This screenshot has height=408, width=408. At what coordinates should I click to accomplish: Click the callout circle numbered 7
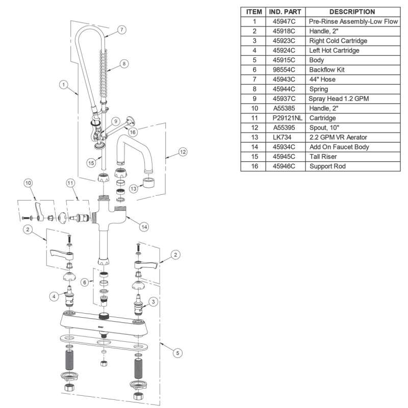coord(121,29)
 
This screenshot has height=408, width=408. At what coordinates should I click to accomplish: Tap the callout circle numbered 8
coord(123,64)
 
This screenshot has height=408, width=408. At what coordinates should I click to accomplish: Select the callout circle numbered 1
coord(64,85)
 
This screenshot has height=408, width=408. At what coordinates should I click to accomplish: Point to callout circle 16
coord(133,132)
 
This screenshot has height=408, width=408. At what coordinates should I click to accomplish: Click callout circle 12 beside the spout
coord(183,152)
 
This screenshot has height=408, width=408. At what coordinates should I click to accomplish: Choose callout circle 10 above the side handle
coord(29,183)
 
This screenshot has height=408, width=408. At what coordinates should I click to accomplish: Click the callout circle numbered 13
coord(134,189)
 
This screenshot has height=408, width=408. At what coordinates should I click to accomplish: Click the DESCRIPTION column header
coord(352,11)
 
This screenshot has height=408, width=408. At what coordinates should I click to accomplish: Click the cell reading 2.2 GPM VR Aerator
coord(338,138)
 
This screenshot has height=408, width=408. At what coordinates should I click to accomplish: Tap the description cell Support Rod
coord(327,167)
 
